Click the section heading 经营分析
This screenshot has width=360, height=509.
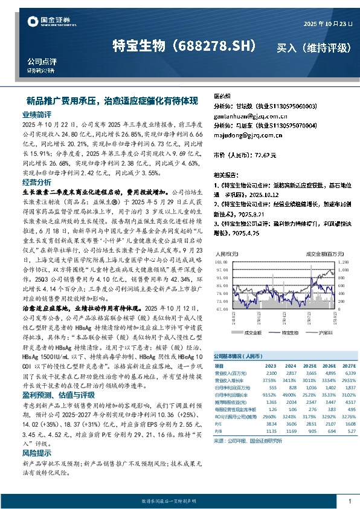click(x=37, y=182)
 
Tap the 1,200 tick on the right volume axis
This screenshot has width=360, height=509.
click(x=342, y=254)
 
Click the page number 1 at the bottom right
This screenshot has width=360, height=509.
click(x=349, y=501)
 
